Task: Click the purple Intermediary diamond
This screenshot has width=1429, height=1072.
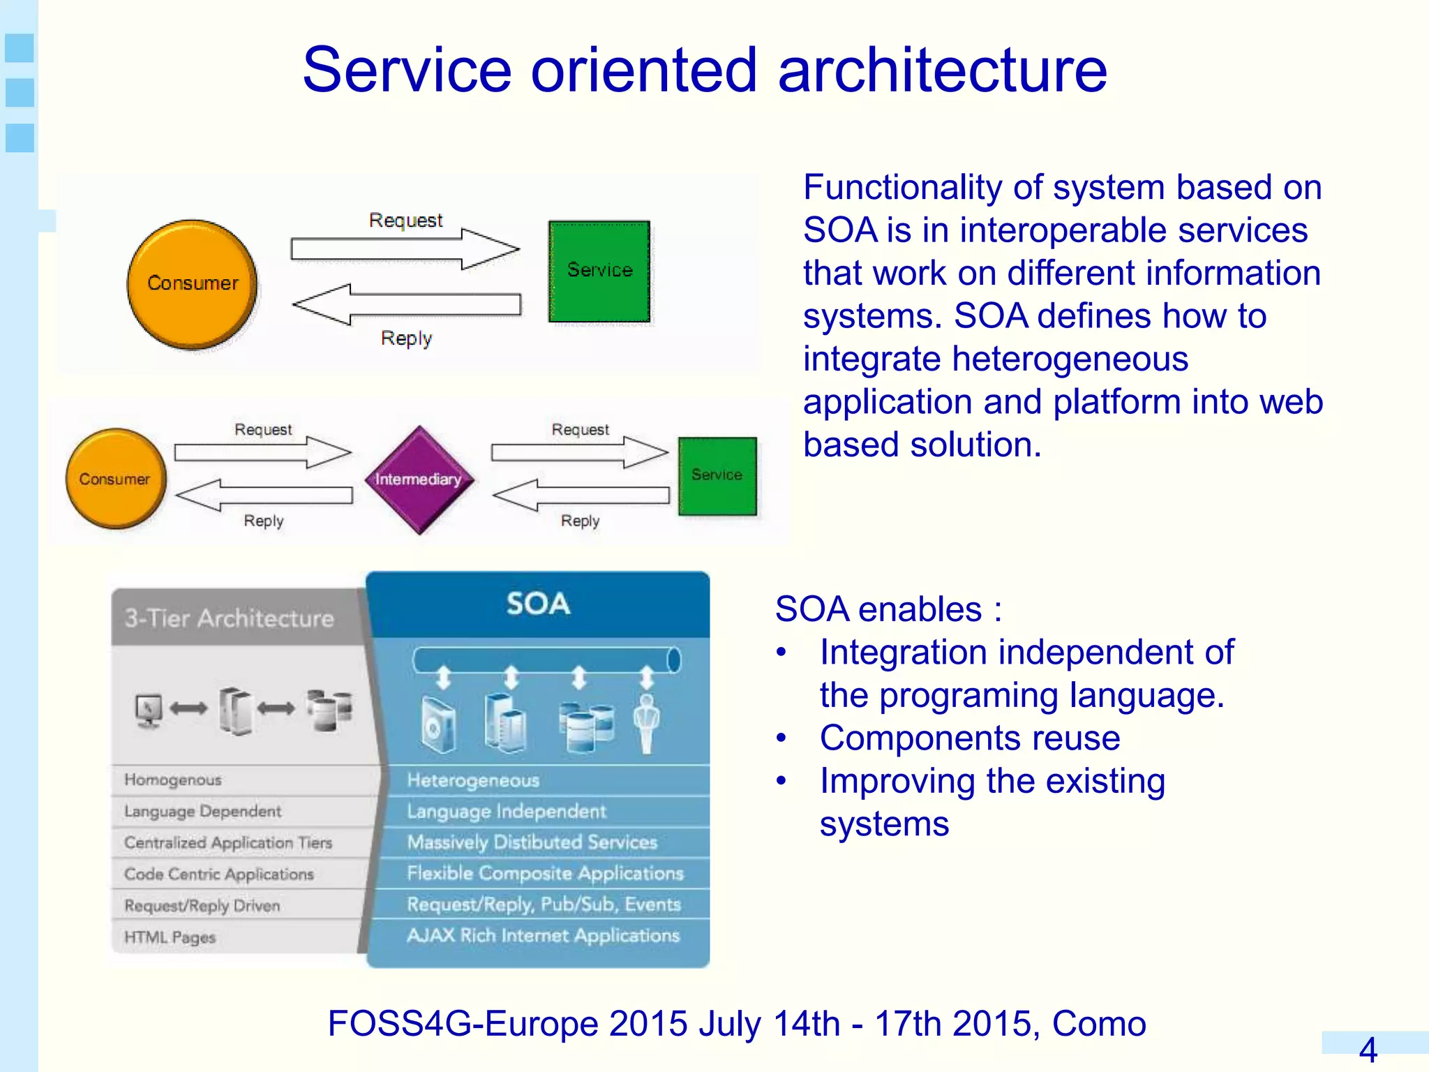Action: (419, 479)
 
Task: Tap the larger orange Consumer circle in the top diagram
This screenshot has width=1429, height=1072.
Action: (193, 283)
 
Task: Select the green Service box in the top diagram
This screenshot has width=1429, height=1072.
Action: (599, 271)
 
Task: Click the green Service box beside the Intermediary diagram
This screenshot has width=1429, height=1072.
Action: (717, 476)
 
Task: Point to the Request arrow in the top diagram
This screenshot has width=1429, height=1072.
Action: (405, 248)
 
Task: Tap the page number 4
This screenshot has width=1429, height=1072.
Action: (1368, 1050)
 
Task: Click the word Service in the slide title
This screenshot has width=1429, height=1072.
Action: (407, 70)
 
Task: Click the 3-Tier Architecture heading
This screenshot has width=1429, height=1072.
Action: (229, 618)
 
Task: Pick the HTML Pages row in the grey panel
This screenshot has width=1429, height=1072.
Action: (170, 937)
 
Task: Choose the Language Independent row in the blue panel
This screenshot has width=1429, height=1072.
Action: (507, 811)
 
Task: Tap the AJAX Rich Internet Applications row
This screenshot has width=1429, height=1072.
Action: (543, 935)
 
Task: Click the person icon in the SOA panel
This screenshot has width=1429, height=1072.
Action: (646, 722)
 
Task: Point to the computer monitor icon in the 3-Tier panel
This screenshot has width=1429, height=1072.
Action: (149, 710)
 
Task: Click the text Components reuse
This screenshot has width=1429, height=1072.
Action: (970, 738)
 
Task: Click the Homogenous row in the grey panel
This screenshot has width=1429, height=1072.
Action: (173, 780)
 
